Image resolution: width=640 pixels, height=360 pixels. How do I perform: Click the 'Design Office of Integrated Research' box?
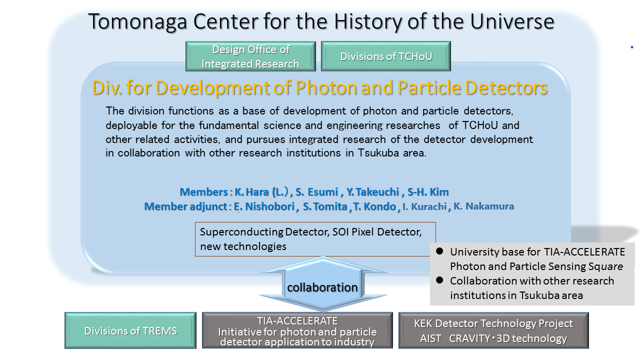point(250,56)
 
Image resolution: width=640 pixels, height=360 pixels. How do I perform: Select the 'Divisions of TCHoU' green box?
point(385,56)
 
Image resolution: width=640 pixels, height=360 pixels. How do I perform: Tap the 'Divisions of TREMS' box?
point(130,330)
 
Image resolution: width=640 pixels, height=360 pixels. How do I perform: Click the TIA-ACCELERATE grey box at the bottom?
point(297,330)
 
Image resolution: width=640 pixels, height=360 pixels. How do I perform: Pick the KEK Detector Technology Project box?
point(493,330)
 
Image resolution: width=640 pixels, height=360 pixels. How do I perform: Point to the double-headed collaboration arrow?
point(323,283)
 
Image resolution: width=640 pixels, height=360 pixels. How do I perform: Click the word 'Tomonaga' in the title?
point(137,21)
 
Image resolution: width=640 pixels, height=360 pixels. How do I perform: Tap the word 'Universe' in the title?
point(512,21)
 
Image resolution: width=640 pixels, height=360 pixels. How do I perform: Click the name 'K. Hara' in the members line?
point(251,192)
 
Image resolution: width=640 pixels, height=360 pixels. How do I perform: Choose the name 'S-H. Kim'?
point(428,192)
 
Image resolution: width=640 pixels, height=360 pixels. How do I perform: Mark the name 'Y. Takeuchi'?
point(372,192)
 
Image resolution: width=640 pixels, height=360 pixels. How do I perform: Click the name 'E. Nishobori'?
point(264,206)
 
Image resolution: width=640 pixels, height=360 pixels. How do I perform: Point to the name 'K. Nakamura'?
point(483,206)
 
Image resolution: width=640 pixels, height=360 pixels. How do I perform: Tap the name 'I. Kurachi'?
point(424,206)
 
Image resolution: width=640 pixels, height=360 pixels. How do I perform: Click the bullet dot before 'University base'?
point(439,251)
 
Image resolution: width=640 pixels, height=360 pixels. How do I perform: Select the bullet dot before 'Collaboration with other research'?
point(439,280)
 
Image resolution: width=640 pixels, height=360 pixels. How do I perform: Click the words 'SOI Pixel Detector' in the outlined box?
point(377,231)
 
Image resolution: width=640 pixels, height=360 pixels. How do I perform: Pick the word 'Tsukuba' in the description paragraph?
point(378,153)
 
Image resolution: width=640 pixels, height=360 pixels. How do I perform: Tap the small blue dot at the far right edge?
point(631,47)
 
